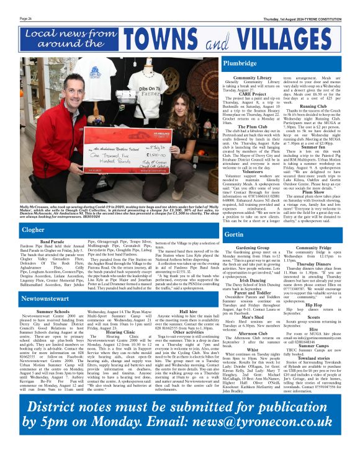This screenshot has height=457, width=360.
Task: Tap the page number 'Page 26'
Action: (x=25, y=19)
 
